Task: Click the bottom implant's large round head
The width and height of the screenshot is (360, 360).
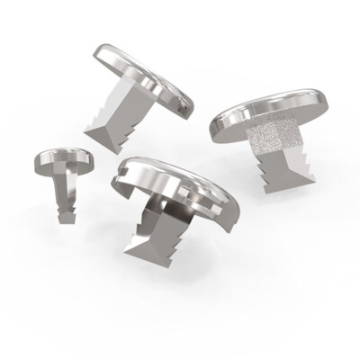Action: [x=180, y=184]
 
